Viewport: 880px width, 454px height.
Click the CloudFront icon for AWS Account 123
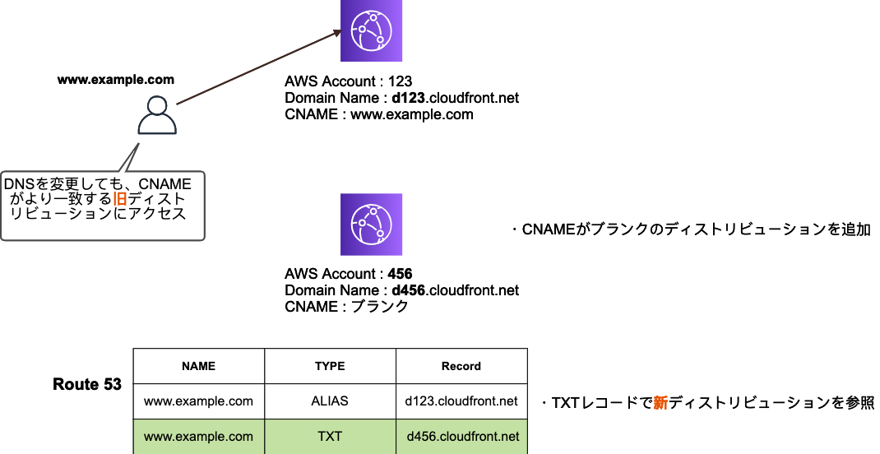coord(371,30)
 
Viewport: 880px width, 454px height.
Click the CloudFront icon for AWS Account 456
coord(371,225)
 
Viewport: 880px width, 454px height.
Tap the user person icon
coord(157,114)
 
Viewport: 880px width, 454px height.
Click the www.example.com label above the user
coord(116,80)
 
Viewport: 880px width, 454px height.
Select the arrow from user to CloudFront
coord(257,68)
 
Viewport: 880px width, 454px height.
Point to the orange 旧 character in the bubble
coord(120,199)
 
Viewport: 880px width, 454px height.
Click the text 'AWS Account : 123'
coord(349,81)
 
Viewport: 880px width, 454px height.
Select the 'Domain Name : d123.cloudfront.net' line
coord(401,98)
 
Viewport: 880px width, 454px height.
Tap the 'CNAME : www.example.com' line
coord(378,114)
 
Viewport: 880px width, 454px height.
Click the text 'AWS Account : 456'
coord(349,274)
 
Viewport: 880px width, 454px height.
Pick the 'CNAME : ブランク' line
coord(346,307)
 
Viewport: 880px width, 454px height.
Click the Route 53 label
coord(87,384)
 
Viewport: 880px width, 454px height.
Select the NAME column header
coord(198,366)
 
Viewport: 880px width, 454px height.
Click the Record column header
coord(461,366)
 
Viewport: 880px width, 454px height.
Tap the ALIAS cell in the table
coord(330,401)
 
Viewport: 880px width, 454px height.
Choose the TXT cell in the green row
coord(330,437)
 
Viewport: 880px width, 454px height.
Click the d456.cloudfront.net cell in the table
coord(462,437)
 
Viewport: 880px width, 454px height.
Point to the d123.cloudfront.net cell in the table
coord(461,401)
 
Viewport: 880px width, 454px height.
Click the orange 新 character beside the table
coord(660,403)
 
